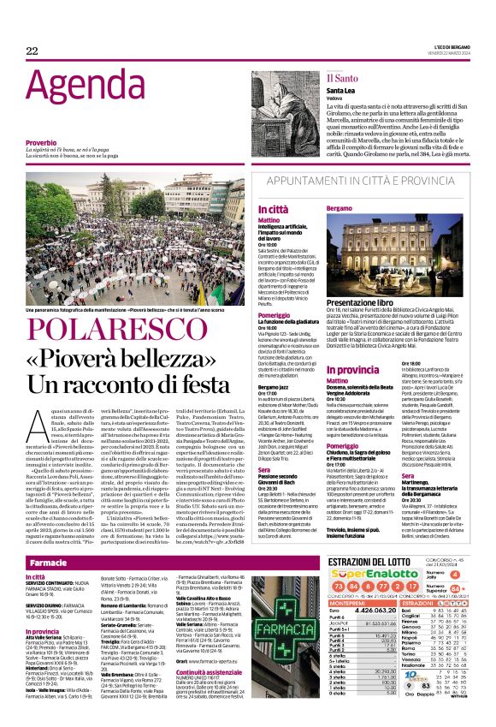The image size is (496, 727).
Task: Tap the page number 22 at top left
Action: click(x=32, y=51)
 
